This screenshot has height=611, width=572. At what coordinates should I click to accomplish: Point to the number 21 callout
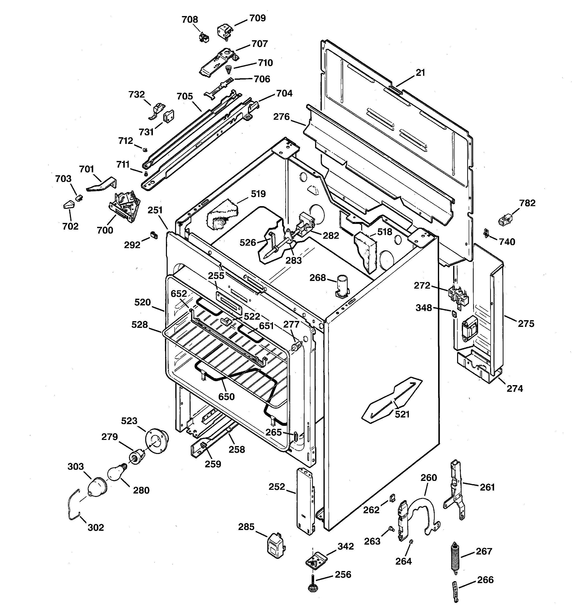point(420,73)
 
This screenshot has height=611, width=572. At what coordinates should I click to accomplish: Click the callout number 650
point(226,397)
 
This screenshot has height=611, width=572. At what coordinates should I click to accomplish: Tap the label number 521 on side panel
point(402,414)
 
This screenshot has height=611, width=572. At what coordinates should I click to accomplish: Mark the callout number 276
point(282,117)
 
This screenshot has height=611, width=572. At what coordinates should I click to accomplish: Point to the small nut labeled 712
point(145,149)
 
